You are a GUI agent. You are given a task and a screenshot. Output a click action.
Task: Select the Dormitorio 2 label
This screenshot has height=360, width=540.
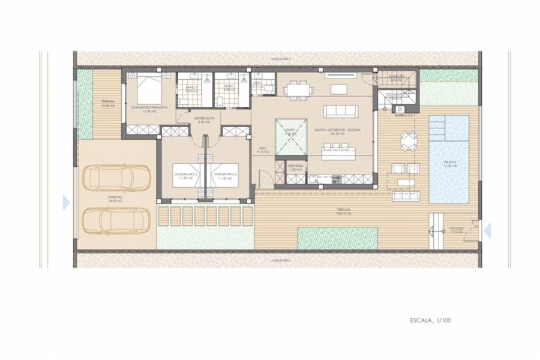[x=184, y=176]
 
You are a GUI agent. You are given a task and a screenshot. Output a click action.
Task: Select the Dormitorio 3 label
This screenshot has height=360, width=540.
[x=227, y=176]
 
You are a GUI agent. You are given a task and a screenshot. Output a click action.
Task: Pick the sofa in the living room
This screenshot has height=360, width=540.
[x=340, y=111]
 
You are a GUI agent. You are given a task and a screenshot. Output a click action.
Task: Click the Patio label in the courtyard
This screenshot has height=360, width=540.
[x=290, y=134]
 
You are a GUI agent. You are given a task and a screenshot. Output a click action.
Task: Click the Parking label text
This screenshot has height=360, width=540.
[x=115, y=198]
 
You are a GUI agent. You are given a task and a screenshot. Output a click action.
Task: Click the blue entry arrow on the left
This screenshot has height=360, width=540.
[x=66, y=202]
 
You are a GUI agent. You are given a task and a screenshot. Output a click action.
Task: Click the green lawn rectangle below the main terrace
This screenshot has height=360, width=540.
[x=337, y=238]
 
